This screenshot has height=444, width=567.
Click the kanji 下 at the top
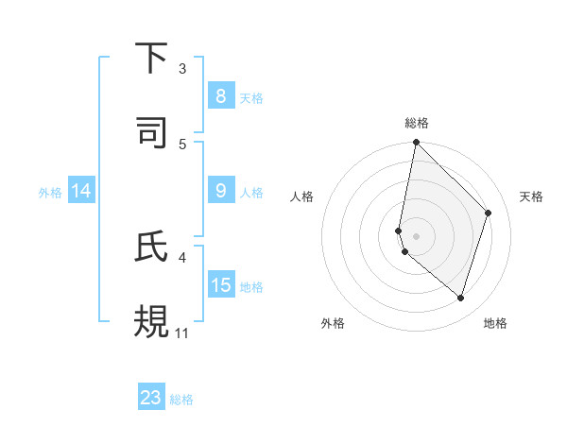pyautogui.click(x=152, y=59)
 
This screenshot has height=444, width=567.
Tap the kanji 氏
pyautogui.click(x=152, y=248)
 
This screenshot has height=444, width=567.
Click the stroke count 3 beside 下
pyautogui.click(x=182, y=69)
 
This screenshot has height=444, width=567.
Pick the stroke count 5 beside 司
pyautogui.click(x=182, y=144)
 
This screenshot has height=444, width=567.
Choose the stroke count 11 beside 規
pyautogui.click(x=181, y=333)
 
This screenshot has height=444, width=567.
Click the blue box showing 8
pyautogui.click(x=220, y=96)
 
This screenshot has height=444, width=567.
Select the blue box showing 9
pyautogui.click(x=220, y=191)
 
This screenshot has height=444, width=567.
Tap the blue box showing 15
pyautogui.click(x=220, y=284)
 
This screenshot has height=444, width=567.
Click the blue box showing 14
pyautogui.click(x=81, y=191)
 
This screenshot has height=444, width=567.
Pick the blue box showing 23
pyautogui.click(x=151, y=398)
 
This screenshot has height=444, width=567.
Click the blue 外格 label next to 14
pyautogui.click(x=49, y=192)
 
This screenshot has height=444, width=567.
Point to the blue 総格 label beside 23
pyautogui.click(x=181, y=400)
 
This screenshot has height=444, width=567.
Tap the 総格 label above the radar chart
pyautogui.click(x=416, y=123)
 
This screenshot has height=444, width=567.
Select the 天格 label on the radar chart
pyautogui.click(x=532, y=196)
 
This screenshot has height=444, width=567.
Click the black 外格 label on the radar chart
pyautogui.click(x=333, y=323)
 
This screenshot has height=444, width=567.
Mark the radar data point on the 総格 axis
pyautogui.click(x=416, y=143)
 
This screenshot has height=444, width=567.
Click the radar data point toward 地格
pyautogui.click(x=460, y=298)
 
